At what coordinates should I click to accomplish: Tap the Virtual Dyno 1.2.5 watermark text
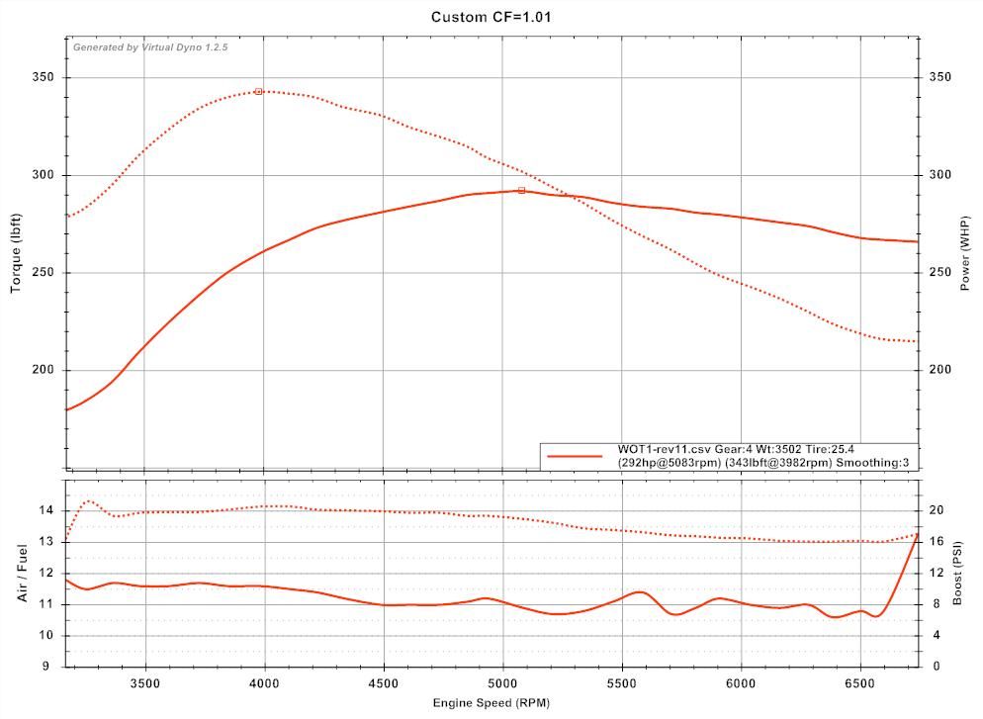coord(150,47)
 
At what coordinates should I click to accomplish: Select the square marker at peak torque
coord(258,91)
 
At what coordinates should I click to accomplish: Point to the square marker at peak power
coord(521,190)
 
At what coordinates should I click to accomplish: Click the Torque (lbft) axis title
coord(16,255)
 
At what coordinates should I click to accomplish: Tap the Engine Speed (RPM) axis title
coord(491,702)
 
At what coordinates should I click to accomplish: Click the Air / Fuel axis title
coord(22,573)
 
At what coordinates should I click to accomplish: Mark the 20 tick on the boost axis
coord(936,510)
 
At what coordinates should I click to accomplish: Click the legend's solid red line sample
coord(575,456)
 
